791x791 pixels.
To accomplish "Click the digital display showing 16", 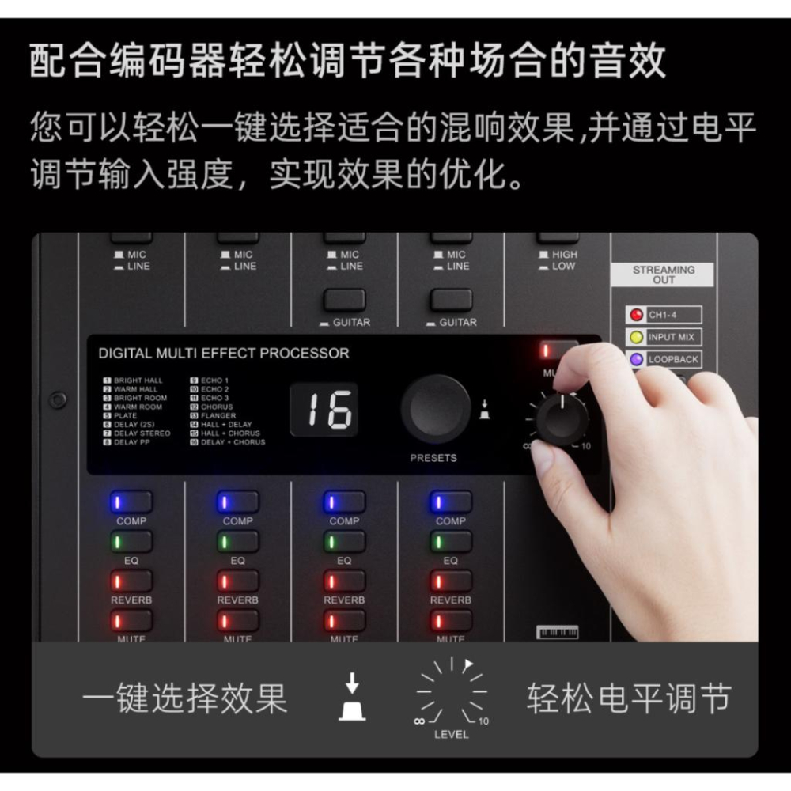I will pos(323,410).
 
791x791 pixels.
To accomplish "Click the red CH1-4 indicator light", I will pos(634,315).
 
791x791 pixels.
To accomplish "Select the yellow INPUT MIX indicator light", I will pos(634,337).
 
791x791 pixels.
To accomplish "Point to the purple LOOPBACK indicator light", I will pos(634,359).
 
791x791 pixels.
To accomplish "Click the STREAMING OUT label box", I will pos(663,274).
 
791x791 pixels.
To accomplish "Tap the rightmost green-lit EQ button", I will pos(450,542).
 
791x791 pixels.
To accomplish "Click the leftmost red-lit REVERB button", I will pos(131,581).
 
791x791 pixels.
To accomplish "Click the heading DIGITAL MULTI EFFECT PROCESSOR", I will pos(223,354).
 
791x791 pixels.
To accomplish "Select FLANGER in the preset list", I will pos(218,415).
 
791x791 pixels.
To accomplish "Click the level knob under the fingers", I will pos(562,418).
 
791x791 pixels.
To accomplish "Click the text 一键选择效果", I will pos(184,698).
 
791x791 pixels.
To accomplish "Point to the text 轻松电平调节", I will pos(629,698).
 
